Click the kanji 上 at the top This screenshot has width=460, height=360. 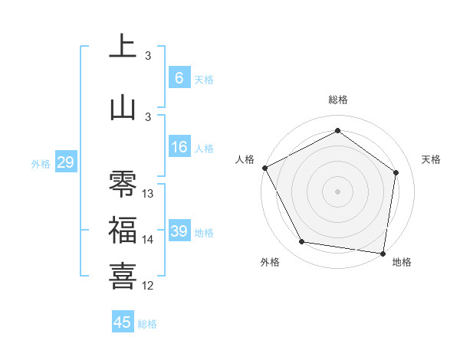coord(123,47)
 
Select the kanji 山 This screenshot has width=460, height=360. coord(123,108)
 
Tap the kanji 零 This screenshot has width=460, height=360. coord(123,185)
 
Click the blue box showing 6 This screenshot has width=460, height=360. coord(179,78)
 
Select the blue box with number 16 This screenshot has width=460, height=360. coord(179,147)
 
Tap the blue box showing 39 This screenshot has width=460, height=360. coord(179,231)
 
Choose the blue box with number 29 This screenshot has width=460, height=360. coord(65,162)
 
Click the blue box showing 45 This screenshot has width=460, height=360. coord(123,322)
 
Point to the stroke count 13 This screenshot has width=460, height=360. coord(148,194)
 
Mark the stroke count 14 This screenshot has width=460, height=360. coord(148,240)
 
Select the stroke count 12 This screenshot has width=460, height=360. coord(148,286)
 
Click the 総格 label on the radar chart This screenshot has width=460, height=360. coord(338,100)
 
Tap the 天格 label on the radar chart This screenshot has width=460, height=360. coord(432,159)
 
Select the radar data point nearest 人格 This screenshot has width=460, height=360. coord(265,168)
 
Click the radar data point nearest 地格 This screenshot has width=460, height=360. coord(383,253)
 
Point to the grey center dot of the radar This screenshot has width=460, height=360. coord(338,191)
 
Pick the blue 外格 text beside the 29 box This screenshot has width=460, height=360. coord(41,163)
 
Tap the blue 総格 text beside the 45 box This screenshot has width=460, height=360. coord(147,324)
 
